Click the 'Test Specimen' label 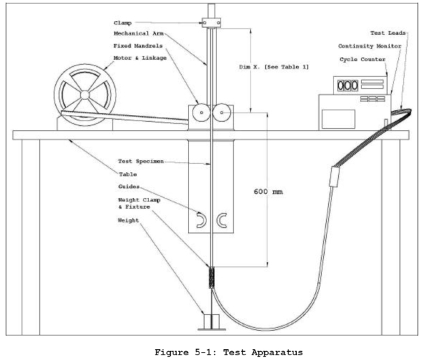[x=133, y=162]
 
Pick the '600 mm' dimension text [x=268, y=192]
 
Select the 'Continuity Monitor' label [x=372, y=46]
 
